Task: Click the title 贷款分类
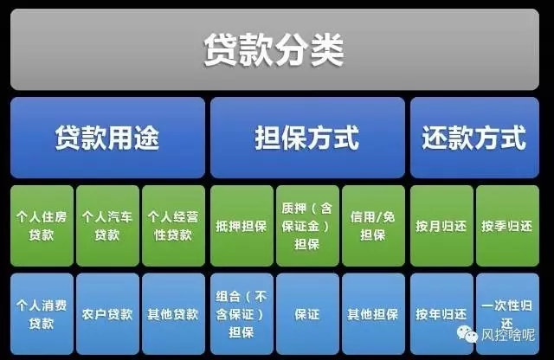click(x=274, y=49)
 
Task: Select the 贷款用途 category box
click(x=107, y=138)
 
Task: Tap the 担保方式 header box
click(x=307, y=138)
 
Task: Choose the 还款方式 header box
click(x=474, y=138)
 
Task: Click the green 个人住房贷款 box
click(x=42, y=226)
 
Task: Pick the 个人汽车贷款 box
click(x=107, y=226)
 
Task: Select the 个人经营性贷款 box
click(x=173, y=226)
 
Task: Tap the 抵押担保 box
click(x=242, y=226)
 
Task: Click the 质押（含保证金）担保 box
click(x=307, y=226)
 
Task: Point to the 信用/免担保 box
click(x=373, y=226)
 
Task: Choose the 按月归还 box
click(x=441, y=226)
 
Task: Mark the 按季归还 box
click(x=508, y=226)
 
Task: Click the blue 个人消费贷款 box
click(x=42, y=314)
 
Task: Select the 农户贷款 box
click(x=107, y=314)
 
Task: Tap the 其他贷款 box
click(x=173, y=314)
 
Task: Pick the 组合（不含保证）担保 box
click(x=242, y=314)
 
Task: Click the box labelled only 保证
click(x=307, y=314)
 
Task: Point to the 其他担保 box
click(x=373, y=314)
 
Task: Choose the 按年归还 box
click(x=441, y=314)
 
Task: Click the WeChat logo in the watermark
click(x=467, y=334)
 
